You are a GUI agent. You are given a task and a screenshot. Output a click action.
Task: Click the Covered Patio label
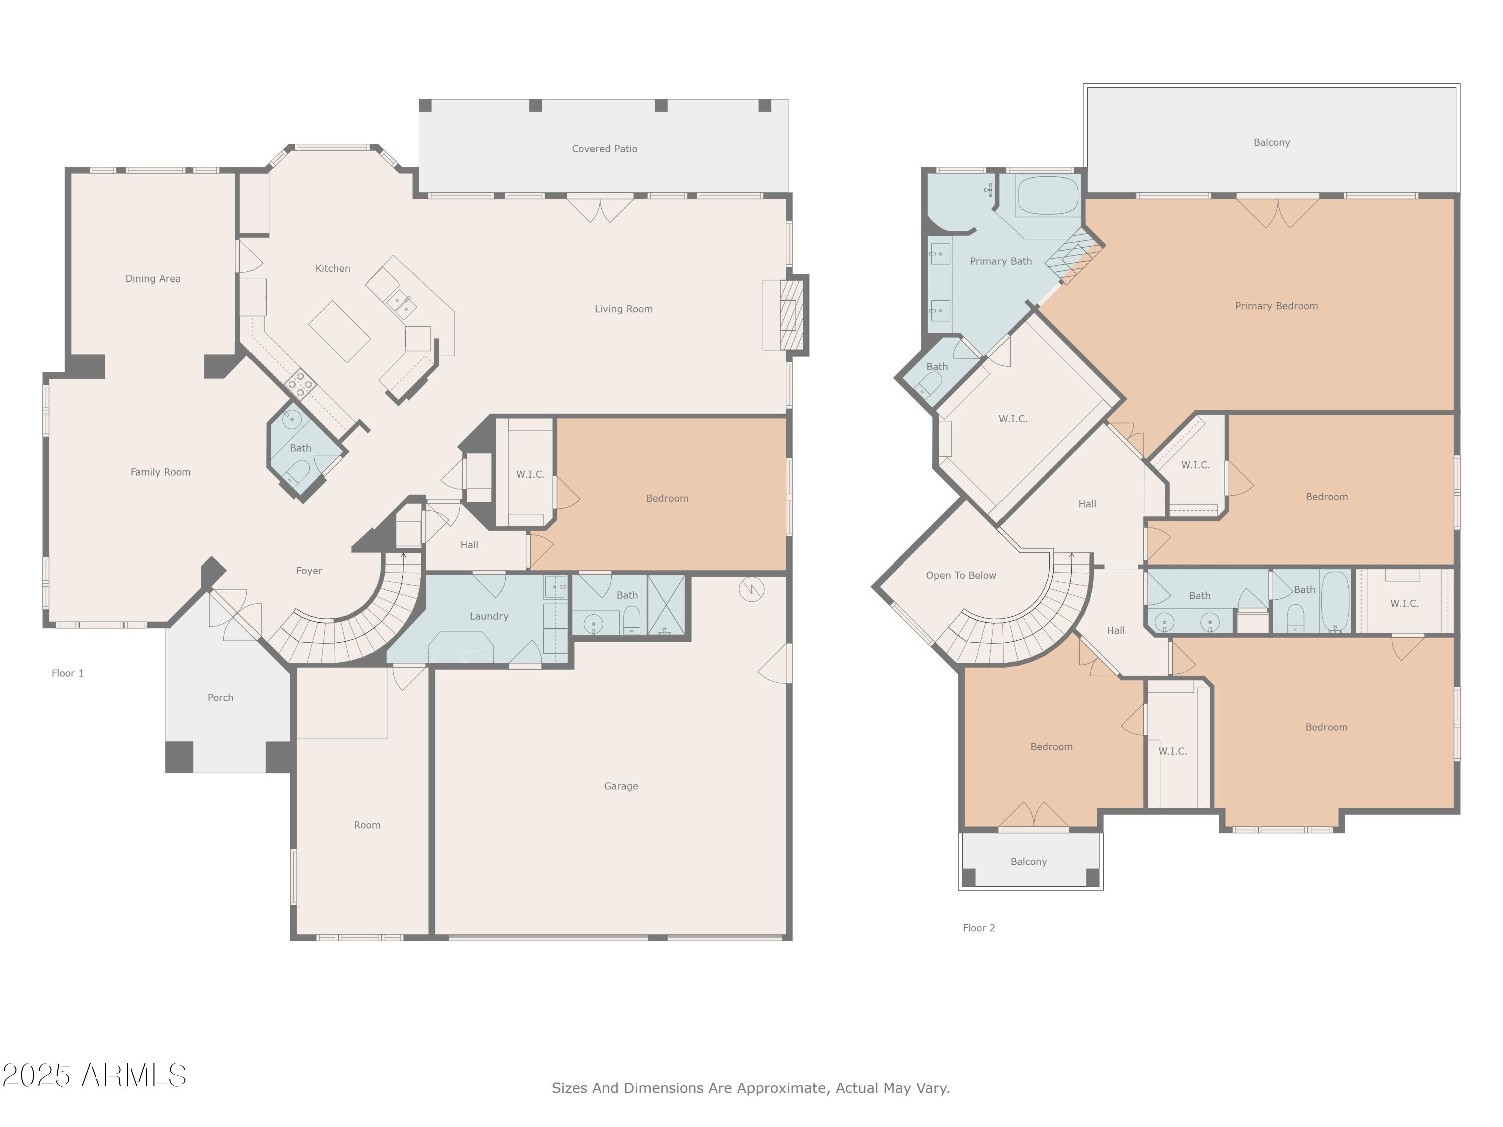point(604,149)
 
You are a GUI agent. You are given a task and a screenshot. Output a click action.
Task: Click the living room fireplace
point(790,315)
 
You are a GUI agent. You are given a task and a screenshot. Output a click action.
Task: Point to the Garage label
point(620,786)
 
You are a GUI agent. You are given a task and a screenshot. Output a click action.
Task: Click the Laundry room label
point(488,616)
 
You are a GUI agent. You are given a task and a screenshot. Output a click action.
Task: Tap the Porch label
point(220,698)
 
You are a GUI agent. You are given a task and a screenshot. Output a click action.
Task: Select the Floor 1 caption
point(67,673)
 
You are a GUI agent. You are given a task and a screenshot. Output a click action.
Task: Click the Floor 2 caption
point(978,928)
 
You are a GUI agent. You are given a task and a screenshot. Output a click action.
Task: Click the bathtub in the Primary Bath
point(1047,196)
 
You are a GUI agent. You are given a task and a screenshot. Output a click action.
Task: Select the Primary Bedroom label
point(1276,306)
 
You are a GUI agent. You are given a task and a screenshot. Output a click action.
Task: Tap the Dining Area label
point(153,278)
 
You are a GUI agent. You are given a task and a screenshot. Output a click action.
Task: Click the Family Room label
point(160,472)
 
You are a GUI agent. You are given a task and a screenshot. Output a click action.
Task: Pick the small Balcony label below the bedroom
point(1028,862)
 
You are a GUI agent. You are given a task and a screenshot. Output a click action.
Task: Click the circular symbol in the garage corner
point(751,589)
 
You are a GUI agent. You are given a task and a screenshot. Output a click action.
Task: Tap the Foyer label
point(309,571)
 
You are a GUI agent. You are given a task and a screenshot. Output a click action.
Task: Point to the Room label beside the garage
point(367,825)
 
